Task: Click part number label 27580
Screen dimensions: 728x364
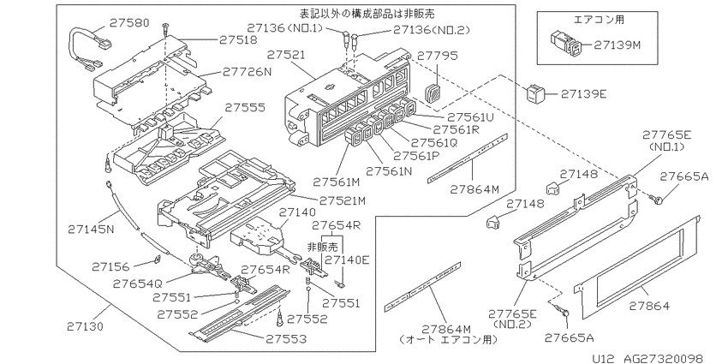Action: point(129,22)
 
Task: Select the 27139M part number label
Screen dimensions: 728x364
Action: point(617,45)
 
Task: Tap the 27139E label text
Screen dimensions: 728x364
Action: point(583,94)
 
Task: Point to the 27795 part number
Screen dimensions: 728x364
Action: point(438,56)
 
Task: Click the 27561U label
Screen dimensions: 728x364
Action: point(469,117)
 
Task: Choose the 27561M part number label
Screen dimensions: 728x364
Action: point(336,182)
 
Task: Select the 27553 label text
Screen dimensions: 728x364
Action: point(286,339)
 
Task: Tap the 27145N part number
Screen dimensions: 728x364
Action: point(91,229)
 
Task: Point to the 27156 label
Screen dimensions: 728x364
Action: point(112,266)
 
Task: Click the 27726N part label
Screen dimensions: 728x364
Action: point(246,72)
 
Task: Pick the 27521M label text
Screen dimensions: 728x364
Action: point(343,200)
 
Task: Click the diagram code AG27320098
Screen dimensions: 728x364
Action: point(663,358)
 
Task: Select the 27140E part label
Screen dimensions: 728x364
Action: point(346,260)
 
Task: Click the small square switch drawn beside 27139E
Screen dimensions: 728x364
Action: point(534,93)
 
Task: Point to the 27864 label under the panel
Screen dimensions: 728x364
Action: point(649,306)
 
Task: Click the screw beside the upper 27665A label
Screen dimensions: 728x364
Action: point(659,200)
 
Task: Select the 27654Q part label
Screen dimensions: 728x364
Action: point(136,283)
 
